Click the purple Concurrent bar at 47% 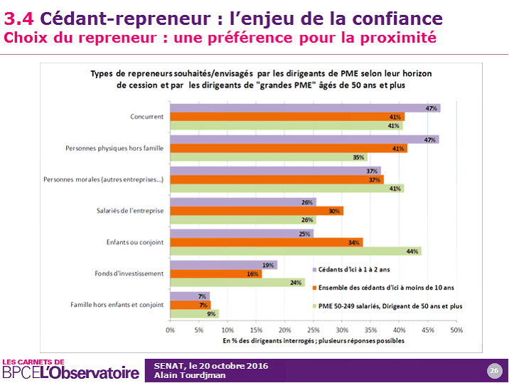point(305,108)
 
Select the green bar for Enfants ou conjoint point(296,251)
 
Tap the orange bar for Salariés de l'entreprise point(257,211)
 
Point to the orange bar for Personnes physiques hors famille point(288,148)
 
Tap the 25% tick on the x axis point(314,330)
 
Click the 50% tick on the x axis point(456,330)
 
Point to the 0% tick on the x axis point(170,330)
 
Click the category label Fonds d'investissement point(129,273)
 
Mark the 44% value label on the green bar point(412,251)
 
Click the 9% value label point(211,313)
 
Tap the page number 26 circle point(493,370)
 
